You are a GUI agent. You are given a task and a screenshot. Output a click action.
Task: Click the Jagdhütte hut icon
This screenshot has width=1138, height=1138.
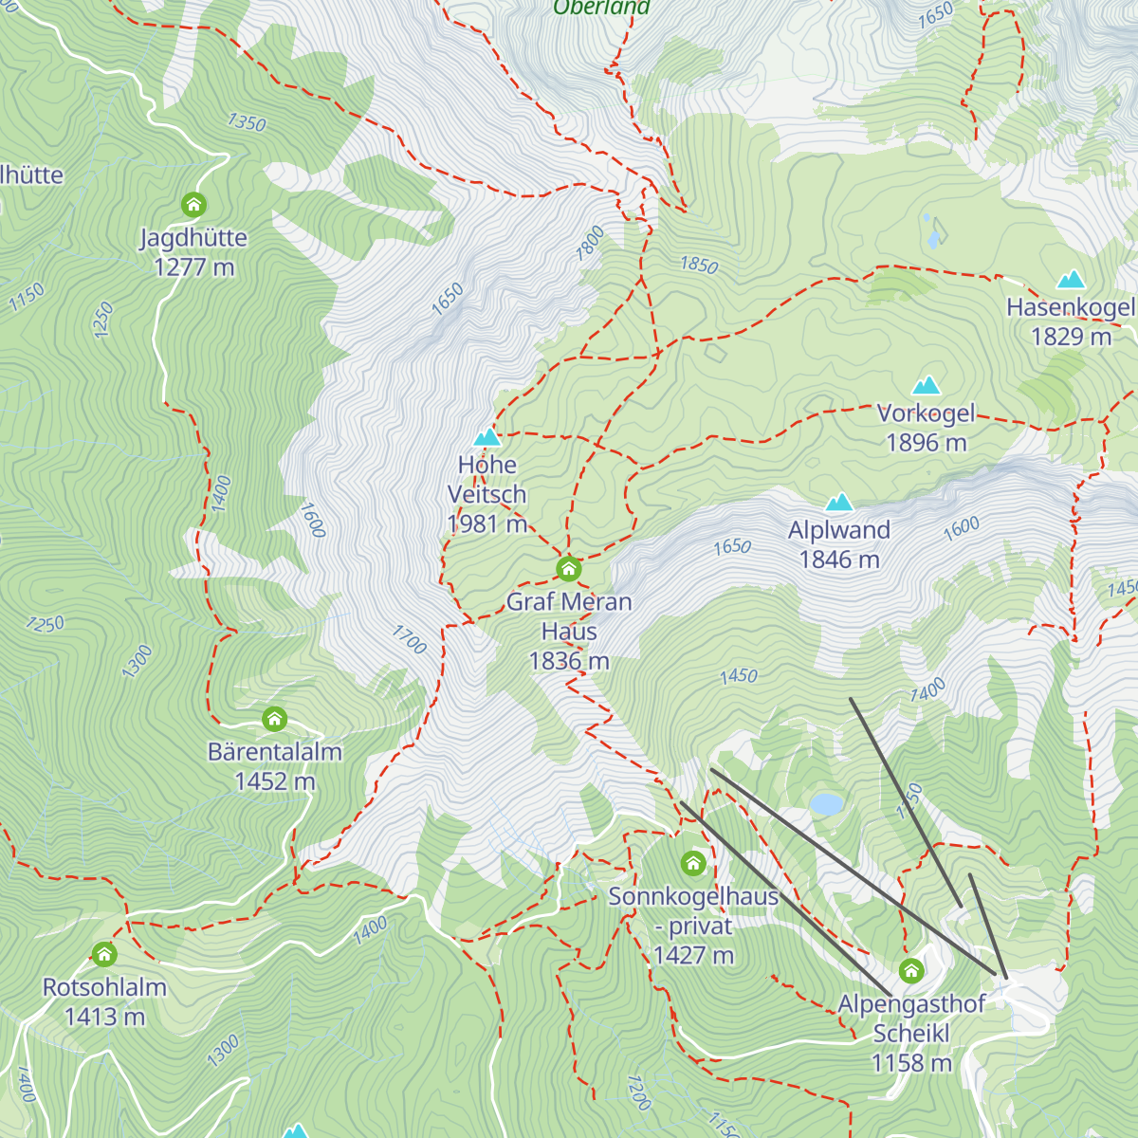pyautogui.click(x=193, y=205)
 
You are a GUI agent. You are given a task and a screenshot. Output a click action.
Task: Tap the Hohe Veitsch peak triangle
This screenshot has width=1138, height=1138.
pyautogui.click(x=486, y=437)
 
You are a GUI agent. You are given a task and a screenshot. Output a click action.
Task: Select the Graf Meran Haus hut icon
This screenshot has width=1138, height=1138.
pyautogui.click(x=568, y=569)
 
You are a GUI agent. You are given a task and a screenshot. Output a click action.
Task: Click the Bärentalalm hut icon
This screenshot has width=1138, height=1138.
pyautogui.click(x=274, y=719)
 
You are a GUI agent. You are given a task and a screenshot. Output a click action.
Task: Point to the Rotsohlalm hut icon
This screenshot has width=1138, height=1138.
pyautogui.click(x=104, y=954)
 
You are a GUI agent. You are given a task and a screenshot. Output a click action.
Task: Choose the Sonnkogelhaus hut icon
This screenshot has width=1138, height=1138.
pyautogui.click(x=693, y=864)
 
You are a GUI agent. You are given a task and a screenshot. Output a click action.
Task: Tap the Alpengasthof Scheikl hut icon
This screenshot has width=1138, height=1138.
pyautogui.click(x=911, y=971)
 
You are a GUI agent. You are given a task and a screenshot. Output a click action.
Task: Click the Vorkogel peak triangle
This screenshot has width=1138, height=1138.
pyautogui.click(x=926, y=385)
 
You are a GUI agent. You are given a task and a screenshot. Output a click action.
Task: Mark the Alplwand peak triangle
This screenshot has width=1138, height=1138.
pyautogui.click(x=838, y=503)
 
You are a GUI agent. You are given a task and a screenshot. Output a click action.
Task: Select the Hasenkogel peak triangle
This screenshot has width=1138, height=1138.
pyautogui.click(x=1071, y=279)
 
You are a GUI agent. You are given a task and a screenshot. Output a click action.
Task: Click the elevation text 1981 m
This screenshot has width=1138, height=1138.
pyautogui.click(x=486, y=523)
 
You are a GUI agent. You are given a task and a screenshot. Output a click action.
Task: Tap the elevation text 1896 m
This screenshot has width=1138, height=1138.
pyautogui.click(x=926, y=443)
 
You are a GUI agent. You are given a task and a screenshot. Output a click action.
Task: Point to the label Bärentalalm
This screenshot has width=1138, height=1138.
pyautogui.click(x=274, y=752)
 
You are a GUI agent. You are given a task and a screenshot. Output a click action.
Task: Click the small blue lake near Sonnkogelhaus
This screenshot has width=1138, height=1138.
pyautogui.click(x=826, y=804)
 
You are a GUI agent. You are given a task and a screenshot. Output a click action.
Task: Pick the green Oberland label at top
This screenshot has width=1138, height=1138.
pyautogui.click(x=601, y=9)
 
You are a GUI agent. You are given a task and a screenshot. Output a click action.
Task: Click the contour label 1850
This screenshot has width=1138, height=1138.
pyautogui.click(x=699, y=265)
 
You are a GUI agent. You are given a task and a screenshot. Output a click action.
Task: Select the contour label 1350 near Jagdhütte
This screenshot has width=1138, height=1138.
pyautogui.click(x=247, y=122)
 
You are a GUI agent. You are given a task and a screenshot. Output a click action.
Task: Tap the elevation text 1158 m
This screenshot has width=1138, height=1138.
pyautogui.click(x=911, y=1063)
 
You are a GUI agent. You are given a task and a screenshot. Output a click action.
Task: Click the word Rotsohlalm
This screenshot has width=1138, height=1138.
pyautogui.click(x=104, y=987)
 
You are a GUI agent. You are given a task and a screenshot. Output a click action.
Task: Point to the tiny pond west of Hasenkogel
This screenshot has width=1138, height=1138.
pyautogui.click(x=935, y=232)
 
